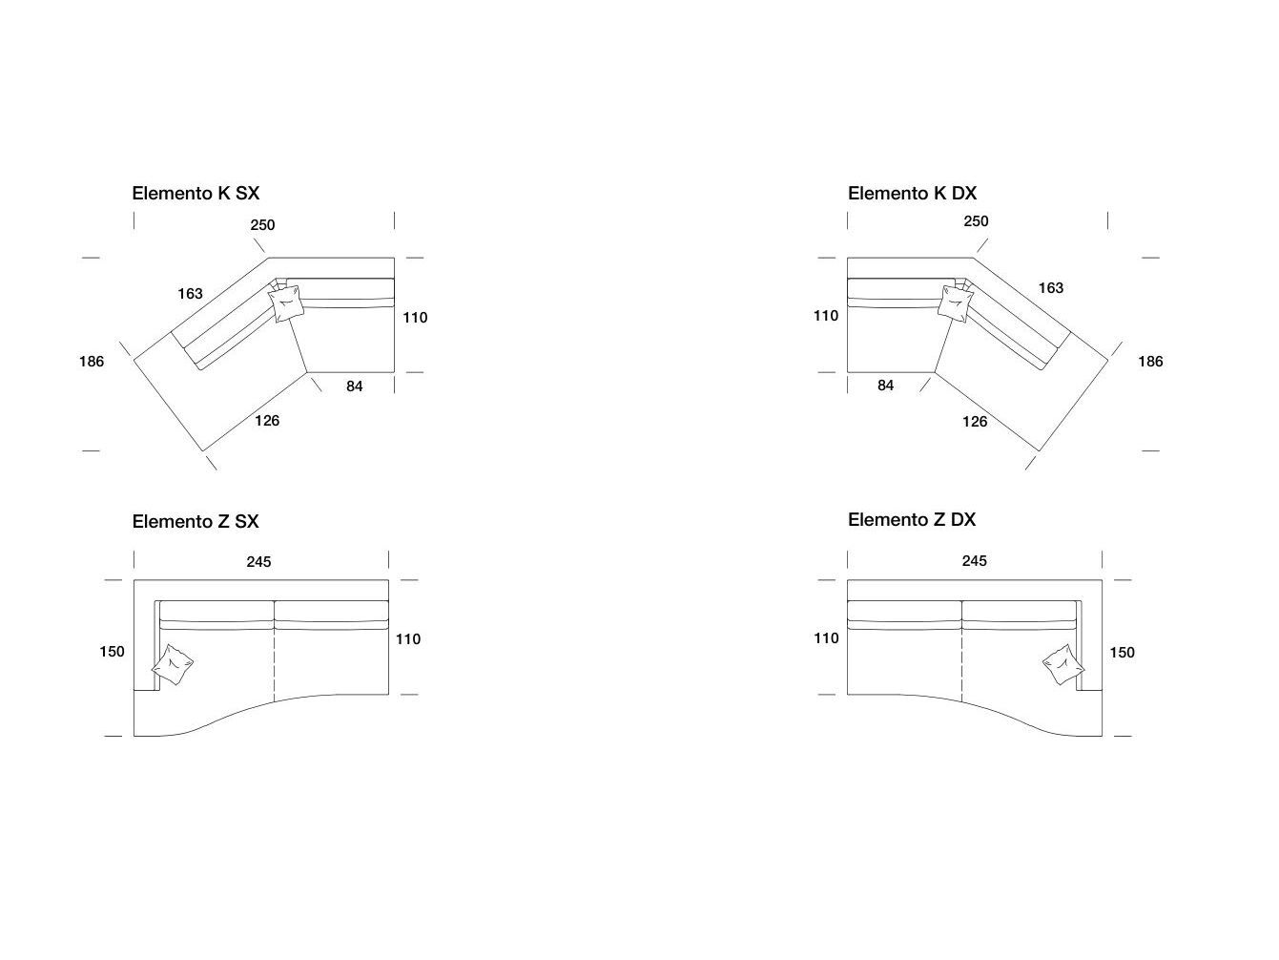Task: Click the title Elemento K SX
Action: [196, 193]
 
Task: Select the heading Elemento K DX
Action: [912, 193]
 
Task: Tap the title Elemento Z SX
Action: [196, 521]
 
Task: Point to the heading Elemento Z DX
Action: [912, 519]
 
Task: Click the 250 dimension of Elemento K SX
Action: [263, 225]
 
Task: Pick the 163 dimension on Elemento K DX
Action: [1051, 288]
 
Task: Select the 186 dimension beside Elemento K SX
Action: [92, 362]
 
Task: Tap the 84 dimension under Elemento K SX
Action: [354, 386]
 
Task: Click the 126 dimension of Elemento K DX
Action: [975, 422]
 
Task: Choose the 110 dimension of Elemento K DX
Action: [826, 316]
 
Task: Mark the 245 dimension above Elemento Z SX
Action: [258, 562]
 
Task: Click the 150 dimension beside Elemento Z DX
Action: [1122, 652]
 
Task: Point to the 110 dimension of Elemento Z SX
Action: [408, 639]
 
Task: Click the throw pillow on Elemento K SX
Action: [285, 303]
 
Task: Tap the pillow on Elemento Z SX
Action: [173, 664]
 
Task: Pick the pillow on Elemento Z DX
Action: [1063, 664]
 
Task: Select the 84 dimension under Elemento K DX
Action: [886, 386]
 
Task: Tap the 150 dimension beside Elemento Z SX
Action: [112, 652]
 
